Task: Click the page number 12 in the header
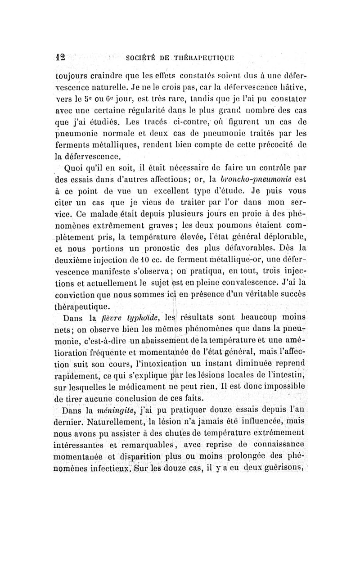tap(60, 57)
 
